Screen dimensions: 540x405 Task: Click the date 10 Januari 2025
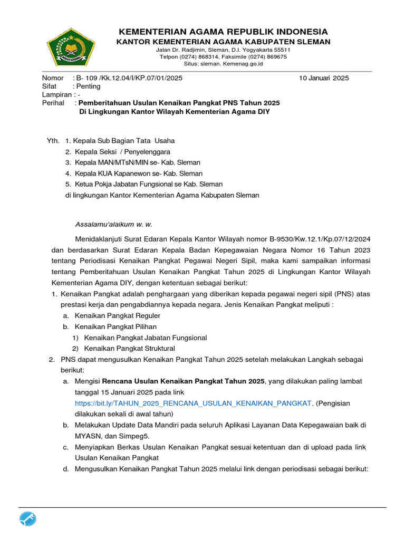point(324,78)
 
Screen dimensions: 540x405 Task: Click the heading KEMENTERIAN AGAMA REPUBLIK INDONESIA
point(223,32)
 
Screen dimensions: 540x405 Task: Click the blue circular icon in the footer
point(28,519)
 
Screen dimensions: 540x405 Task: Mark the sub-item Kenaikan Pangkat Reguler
point(118,315)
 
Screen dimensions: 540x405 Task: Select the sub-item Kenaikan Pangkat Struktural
point(130,349)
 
